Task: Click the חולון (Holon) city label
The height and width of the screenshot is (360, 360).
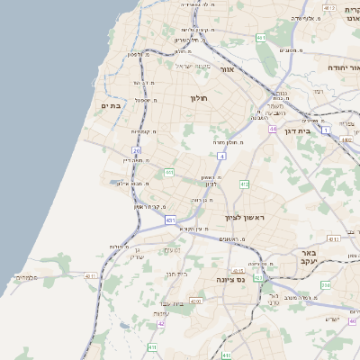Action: pyautogui.click(x=198, y=98)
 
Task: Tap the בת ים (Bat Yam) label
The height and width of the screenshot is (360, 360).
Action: pyautogui.click(x=111, y=105)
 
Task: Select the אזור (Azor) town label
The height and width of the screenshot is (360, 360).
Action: pyautogui.click(x=227, y=69)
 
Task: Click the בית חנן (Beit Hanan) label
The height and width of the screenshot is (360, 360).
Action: pyautogui.click(x=176, y=273)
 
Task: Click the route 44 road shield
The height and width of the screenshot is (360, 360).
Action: pyautogui.click(x=272, y=130)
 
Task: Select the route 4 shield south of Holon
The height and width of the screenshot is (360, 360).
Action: pyautogui.click(x=221, y=156)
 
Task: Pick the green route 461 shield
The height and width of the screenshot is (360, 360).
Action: pyautogui.click(x=259, y=37)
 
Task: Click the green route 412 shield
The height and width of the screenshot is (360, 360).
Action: pyautogui.click(x=244, y=184)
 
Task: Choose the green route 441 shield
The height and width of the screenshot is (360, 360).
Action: pyautogui.click(x=168, y=172)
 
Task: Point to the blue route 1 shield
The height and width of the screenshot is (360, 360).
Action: pyautogui.click(x=325, y=131)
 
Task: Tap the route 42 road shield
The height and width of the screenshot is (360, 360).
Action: pyautogui.click(x=136, y=322)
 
